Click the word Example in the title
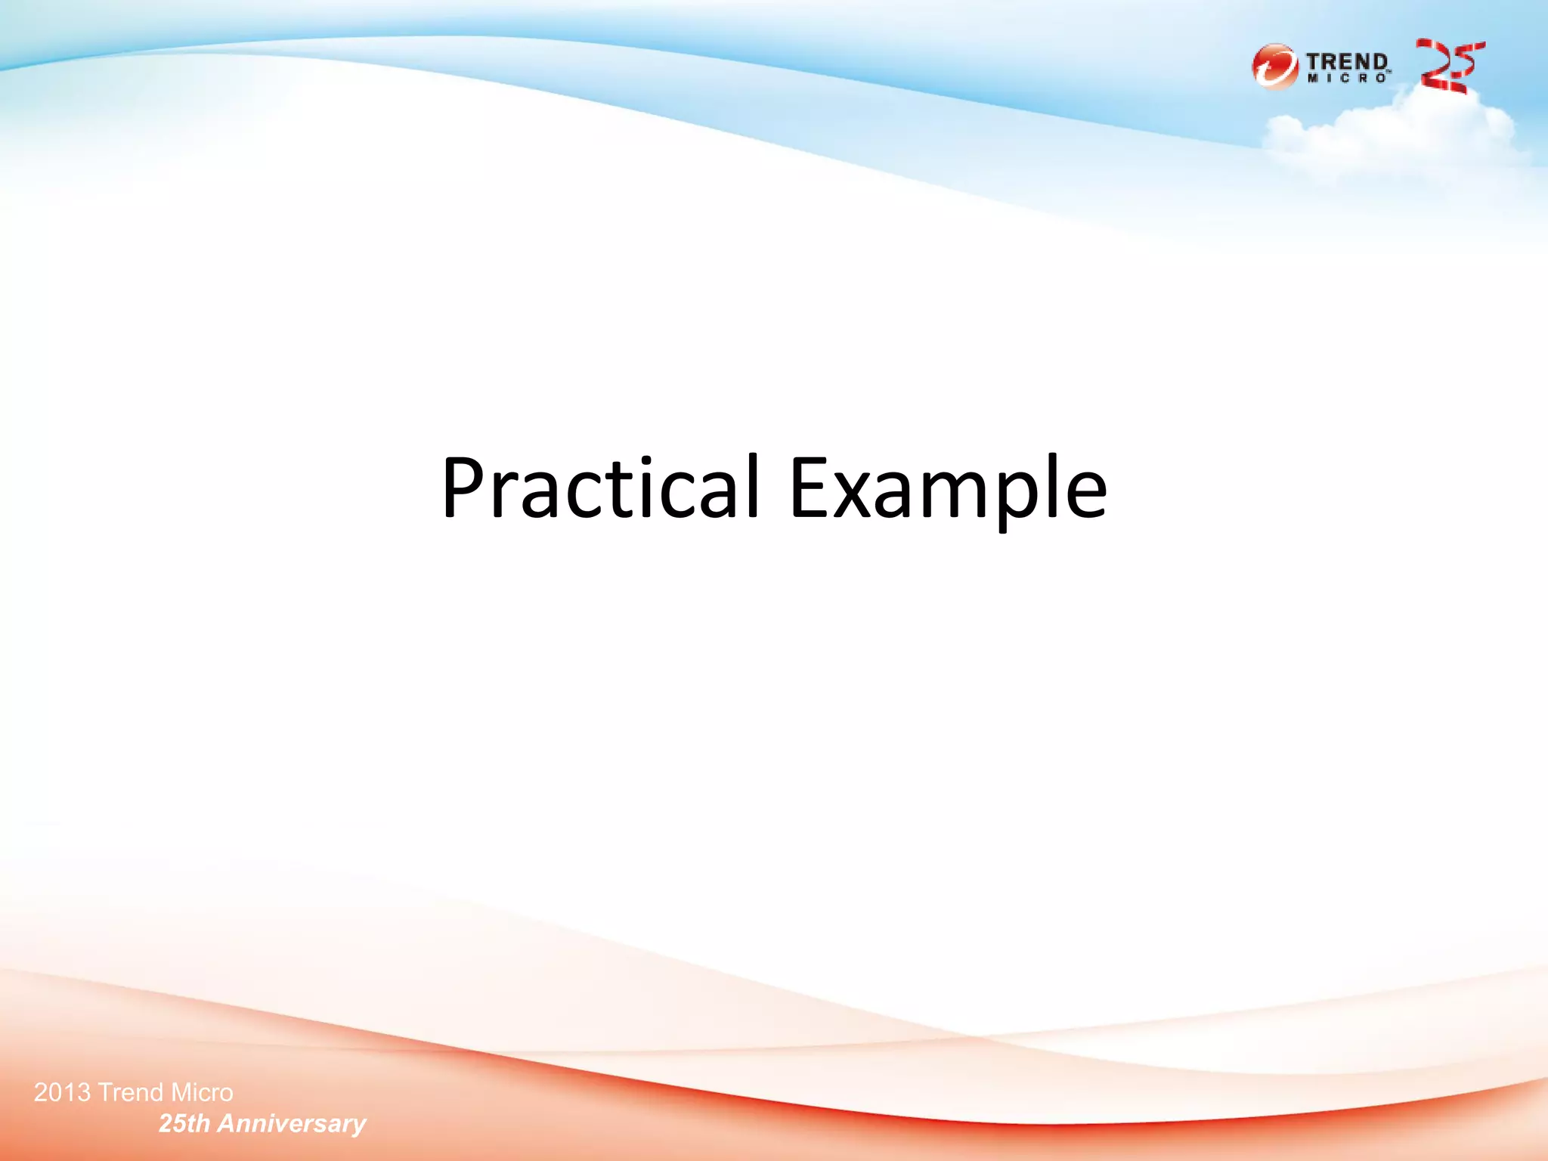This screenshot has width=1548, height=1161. coord(948,488)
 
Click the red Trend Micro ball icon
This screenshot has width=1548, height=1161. coord(1274,67)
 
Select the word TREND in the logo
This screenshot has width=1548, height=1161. coord(1347,61)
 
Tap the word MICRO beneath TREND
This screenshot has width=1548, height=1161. coord(1347,79)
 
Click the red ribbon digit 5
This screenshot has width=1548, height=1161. coord(1466,64)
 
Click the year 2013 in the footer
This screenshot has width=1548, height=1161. coord(63,1093)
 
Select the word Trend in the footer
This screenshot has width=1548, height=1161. coord(131,1093)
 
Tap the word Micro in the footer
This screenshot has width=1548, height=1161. coord(202,1093)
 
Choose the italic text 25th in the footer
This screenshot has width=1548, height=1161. coord(184,1124)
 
